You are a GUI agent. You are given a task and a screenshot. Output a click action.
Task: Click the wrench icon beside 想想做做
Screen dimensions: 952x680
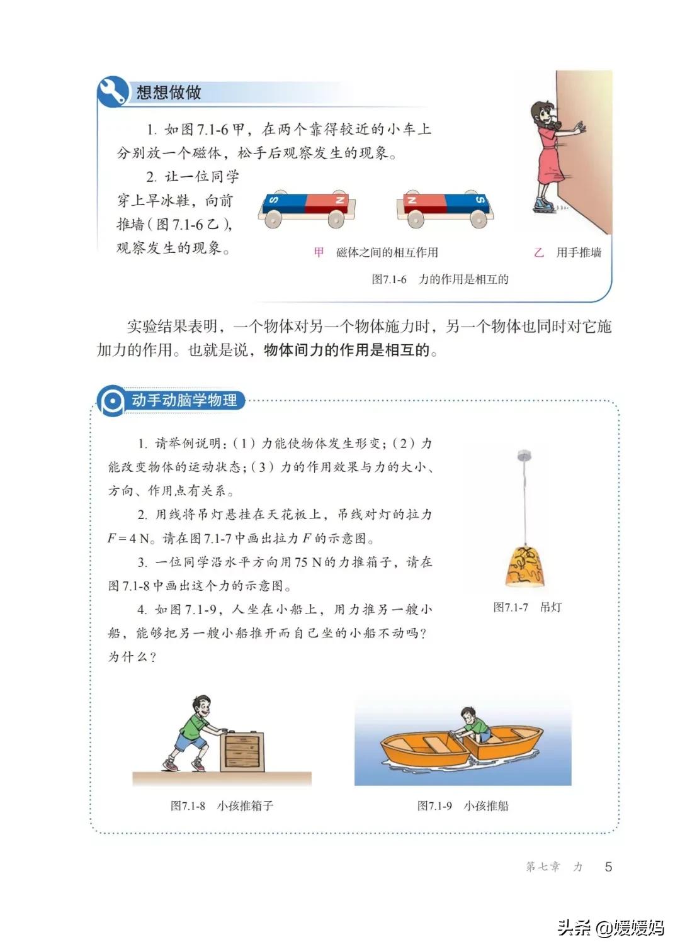[x=113, y=92]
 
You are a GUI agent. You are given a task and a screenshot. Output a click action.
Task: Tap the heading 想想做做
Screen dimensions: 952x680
[x=169, y=92]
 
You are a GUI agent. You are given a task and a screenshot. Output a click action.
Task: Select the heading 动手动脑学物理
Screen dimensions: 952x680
[x=184, y=400]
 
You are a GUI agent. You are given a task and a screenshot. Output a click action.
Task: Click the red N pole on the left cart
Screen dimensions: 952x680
[x=326, y=202]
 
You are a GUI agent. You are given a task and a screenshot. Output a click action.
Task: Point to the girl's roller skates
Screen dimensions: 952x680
[x=542, y=204]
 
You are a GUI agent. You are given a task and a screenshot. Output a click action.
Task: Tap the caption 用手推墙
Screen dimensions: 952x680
[x=578, y=253]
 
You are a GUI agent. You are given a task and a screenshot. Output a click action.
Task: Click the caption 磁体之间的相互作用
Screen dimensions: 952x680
[x=387, y=253]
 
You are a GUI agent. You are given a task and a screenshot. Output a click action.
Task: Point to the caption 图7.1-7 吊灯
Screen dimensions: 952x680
[x=527, y=607]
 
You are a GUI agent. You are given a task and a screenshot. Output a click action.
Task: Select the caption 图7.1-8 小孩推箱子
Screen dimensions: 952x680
[x=222, y=805]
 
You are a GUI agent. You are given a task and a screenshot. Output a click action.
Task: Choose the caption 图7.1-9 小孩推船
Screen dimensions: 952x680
[x=463, y=805]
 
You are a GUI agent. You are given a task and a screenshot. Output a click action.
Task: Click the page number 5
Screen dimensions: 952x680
[x=608, y=866]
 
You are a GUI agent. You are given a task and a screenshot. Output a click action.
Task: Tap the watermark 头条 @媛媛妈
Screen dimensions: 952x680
[x=610, y=927]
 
